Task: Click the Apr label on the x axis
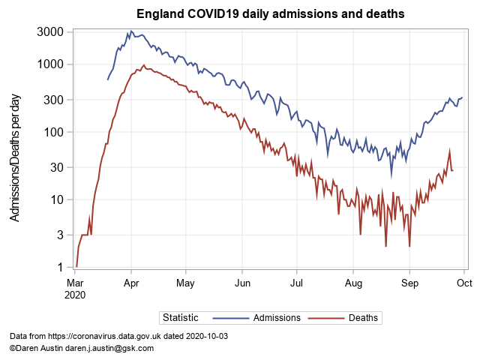131,283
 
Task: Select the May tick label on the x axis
186,283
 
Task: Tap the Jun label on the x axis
242,283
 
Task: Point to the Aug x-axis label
353,283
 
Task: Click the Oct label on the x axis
463,283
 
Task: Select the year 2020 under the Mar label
76,295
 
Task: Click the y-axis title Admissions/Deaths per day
16,157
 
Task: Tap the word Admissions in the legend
277,318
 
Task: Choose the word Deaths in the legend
364,318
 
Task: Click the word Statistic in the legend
181,318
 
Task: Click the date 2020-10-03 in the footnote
204,337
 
